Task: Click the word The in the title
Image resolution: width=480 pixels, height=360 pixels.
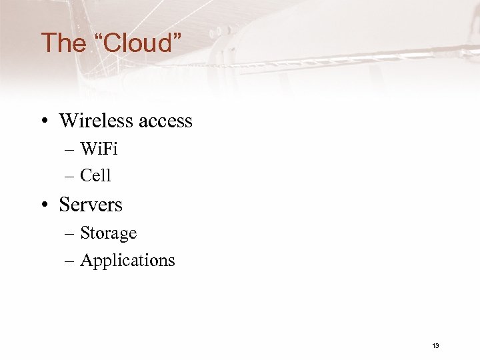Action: (x=64, y=43)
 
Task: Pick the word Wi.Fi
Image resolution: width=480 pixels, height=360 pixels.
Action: (x=99, y=149)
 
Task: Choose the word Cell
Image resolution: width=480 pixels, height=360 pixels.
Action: (x=95, y=175)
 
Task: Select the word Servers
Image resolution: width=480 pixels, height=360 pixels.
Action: (x=91, y=204)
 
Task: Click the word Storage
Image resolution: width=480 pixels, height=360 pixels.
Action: (x=108, y=233)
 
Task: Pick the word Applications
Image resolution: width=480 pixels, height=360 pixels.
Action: (x=127, y=261)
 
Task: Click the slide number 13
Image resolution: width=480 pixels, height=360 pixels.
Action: (x=435, y=345)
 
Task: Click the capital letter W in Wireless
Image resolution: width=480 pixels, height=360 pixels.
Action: (x=69, y=121)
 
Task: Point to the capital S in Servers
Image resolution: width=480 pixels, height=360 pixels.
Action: (x=65, y=204)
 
